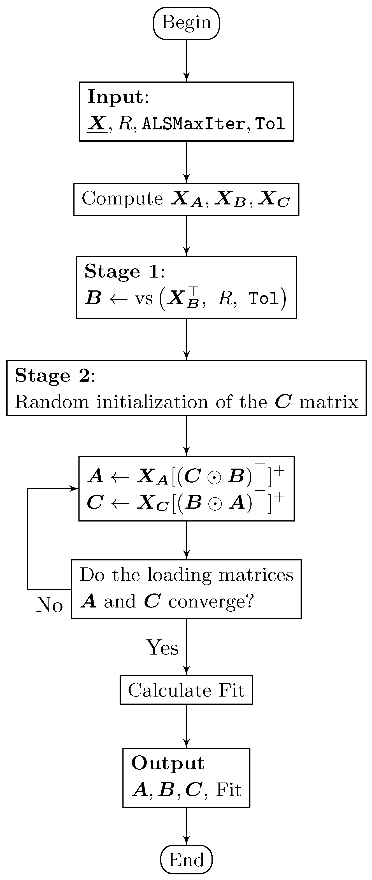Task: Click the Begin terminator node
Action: click(186, 23)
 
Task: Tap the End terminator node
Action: click(186, 860)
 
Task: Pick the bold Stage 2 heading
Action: click(53, 375)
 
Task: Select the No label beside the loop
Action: click(50, 605)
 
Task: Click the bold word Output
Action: click(168, 763)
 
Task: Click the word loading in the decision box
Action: click(180, 575)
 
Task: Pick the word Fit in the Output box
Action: click(229, 790)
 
